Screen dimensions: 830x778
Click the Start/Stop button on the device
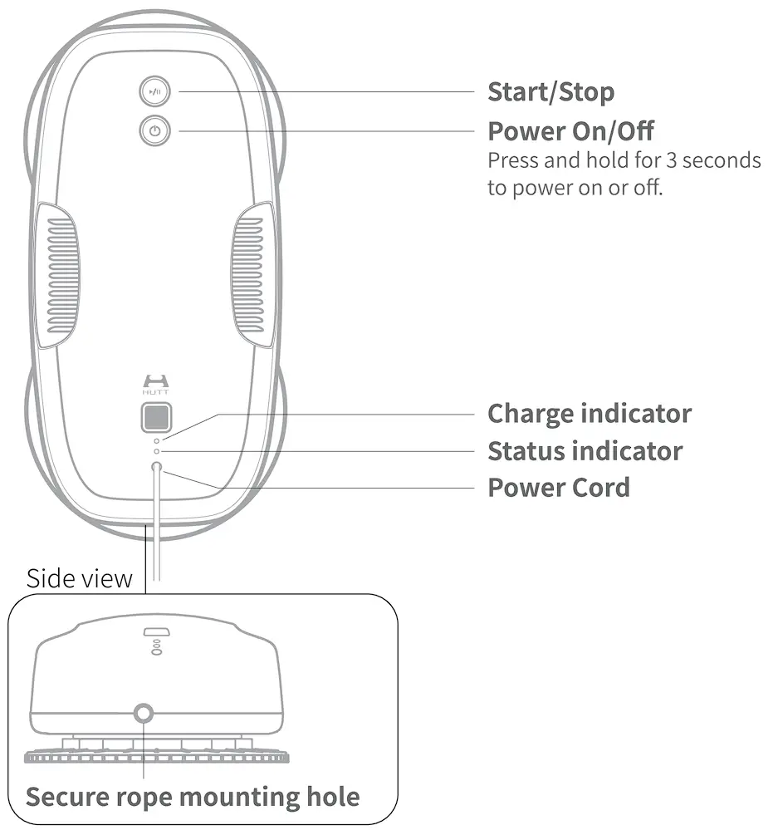click(154, 92)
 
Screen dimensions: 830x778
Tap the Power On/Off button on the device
click(154, 131)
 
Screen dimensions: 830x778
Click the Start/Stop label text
click(550, 91)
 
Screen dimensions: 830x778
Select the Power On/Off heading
click(570, 131)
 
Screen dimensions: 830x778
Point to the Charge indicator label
click(589, 413)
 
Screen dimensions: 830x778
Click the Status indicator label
click(585, 451)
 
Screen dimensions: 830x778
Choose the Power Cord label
click(558, 487)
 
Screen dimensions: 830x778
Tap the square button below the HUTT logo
click(155, 415)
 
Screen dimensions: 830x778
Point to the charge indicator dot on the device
click(156, 439)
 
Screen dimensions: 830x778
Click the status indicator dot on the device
click(156, 451)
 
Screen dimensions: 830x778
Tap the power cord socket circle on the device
click(156, 469)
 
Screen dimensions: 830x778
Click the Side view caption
click(79, 578)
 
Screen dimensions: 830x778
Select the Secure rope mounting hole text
click(193, 798)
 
